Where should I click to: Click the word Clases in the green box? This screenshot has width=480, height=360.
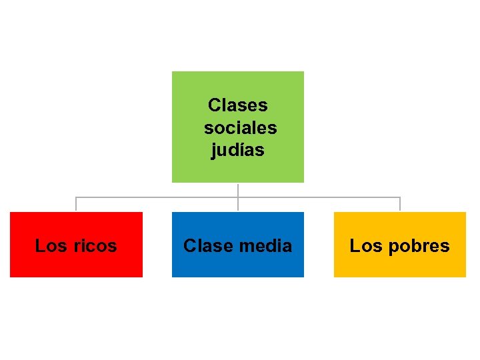[x=237, y=105]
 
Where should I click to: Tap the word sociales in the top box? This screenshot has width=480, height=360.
[x=240, y=127]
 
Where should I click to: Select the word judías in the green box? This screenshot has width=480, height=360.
[x=237, y=150]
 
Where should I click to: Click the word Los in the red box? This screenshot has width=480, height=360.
[x=51, y=246]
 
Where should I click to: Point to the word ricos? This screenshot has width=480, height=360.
[x=95, y=246]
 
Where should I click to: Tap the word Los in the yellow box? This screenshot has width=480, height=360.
[x=366, y=246]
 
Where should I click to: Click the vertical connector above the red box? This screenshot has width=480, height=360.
[x=76, y=204]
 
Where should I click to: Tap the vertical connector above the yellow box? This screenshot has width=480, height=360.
[x=400, y=204]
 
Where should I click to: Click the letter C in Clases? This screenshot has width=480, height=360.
[x=214, y=105]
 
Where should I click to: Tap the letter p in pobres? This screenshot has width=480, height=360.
[x=393, y=247]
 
